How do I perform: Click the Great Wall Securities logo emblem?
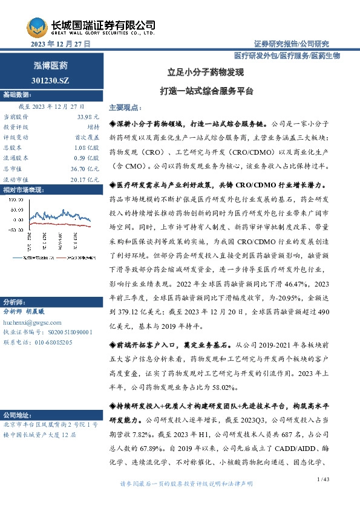(x=37, y=27)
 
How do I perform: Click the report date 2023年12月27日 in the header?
(x=60, y=44)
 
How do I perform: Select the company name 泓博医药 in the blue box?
(x=50, y=65)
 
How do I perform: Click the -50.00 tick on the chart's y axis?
(x=15, y=230)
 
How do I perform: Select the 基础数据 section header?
(x=16, y=95)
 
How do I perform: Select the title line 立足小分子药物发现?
(x=206, y=72)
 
